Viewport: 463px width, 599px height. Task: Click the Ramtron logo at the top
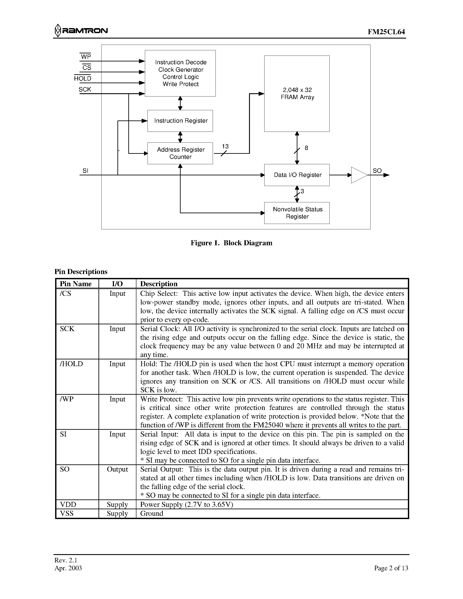click(81, 30)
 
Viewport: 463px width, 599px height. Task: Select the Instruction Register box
click(180, 121)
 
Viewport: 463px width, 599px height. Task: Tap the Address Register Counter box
click(180, 153)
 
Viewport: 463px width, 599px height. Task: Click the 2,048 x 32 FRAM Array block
click(297, 93)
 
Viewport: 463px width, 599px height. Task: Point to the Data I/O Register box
click(297, 175)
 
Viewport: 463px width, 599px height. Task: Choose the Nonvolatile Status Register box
click(297, 213)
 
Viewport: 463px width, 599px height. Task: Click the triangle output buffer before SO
click(358, 175)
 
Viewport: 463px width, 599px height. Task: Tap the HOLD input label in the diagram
click(83, 78)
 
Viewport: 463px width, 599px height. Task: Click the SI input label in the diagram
click(85, 171)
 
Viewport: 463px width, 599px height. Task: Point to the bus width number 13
click(225, 146)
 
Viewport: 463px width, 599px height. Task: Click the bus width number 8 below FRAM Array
click(306, 148)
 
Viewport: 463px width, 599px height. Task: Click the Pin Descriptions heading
click(81, 272)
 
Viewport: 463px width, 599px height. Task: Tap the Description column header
click(159, 284)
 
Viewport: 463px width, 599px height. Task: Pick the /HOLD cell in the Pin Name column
click(71, 364)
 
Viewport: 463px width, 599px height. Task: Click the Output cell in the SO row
click(117, 469)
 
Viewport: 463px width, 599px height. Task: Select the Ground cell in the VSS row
click(152, 513)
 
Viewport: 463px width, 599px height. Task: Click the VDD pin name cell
click(68, 504)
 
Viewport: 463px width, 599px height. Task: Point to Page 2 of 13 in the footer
click(391, 568)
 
